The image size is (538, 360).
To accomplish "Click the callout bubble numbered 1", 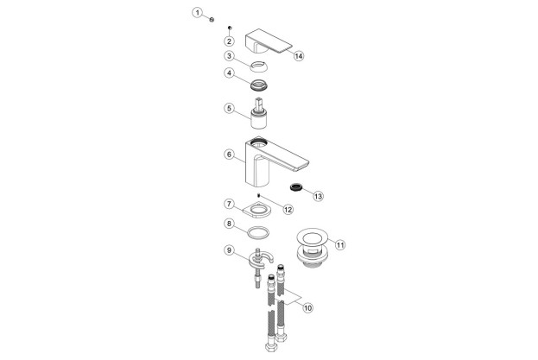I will [x=197, y=13].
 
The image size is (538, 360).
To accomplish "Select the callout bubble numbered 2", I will [x=230, y=41].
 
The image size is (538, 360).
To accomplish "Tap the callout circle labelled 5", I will [x=230, y=110].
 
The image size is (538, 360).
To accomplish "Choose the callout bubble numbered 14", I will [x=299, y=56].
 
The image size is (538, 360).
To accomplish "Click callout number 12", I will [x=288, y=209].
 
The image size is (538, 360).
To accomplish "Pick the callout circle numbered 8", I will [x=230, y=224].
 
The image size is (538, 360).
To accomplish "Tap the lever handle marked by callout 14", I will [x=268, y=42].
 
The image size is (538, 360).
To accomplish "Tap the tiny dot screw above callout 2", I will [x=230, y=28].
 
